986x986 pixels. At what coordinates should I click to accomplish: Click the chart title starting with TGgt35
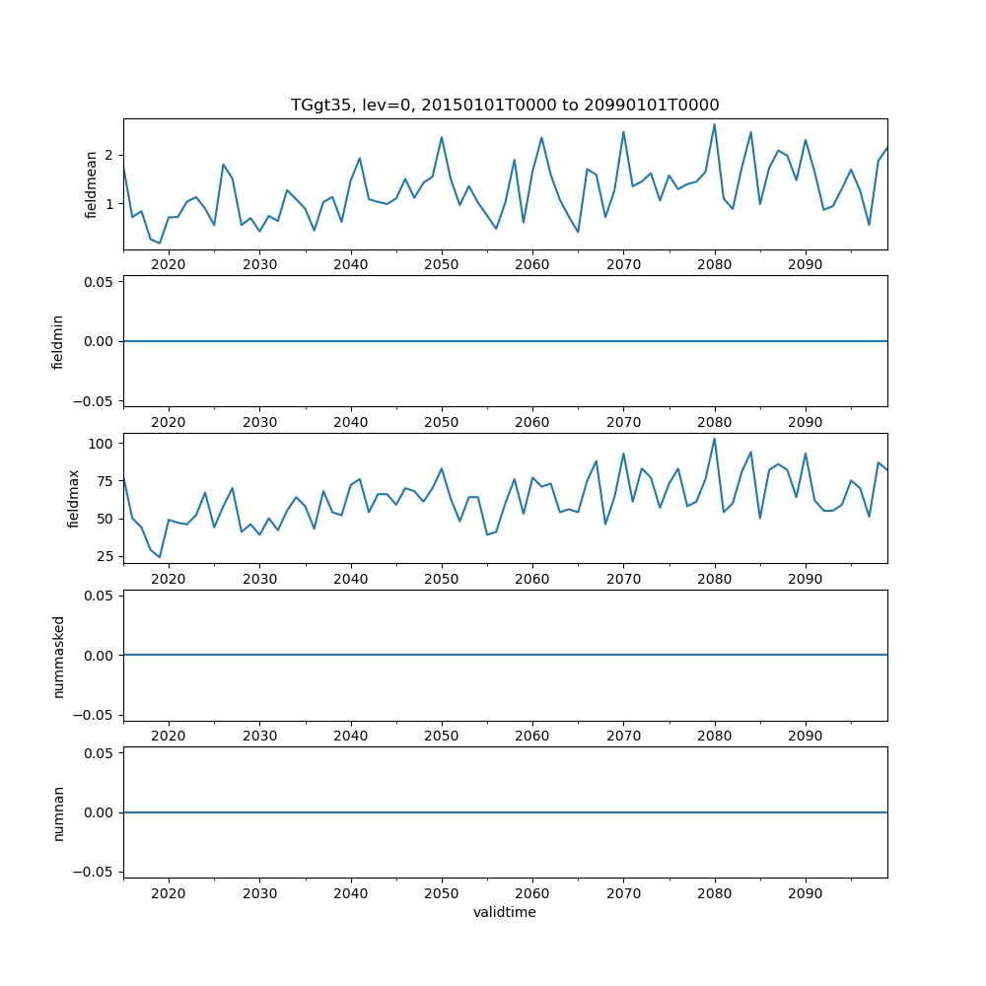[x=505, y=105]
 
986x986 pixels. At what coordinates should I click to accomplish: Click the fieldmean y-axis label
[x=92, y=183]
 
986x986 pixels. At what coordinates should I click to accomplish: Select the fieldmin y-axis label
[x=58, y=341]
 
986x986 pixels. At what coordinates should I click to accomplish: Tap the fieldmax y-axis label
[x=73, y=498]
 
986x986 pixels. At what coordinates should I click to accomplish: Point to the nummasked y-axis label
[x=58, y=655]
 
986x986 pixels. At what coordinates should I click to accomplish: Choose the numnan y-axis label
[x=58, y=812]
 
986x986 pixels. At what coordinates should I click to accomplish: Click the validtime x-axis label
[x=505, y=912]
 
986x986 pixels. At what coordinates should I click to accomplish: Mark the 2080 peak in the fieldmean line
[x=714, y=124]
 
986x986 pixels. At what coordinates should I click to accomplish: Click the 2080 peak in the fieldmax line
[x=714, y=439]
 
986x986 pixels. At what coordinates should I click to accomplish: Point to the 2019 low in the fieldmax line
[x=160, y=557]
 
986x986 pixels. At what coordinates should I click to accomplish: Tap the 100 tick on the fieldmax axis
[x=102, y=444]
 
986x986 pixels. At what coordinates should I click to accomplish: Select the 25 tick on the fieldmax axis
[x=106, y=557]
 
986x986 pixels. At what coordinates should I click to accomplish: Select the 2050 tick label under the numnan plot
[x=441, y=893]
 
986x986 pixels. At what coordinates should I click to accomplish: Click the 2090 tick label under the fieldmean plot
[x=805, y=264]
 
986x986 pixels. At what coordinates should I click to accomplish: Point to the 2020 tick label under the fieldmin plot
[x=169, y=422]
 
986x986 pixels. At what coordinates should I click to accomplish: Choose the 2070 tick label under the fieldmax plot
[x=623, y=579]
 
